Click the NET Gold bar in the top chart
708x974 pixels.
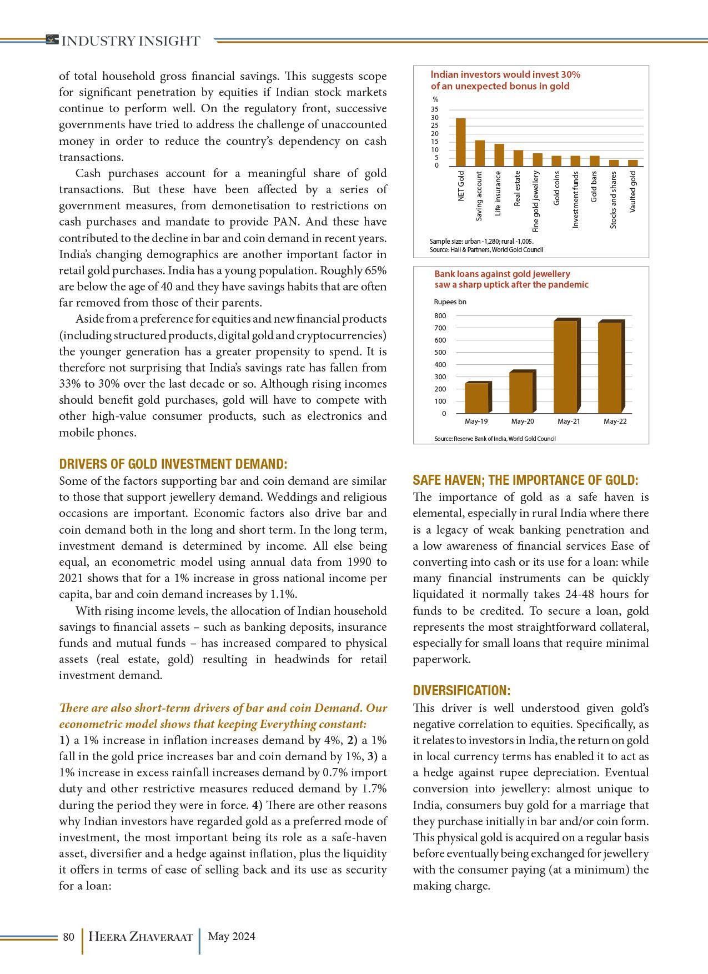click(460, 142)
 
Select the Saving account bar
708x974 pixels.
click(480, 153)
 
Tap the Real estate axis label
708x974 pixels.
click(518, 189)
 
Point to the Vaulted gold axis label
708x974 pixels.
click(633, 192)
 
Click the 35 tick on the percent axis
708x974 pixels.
click(435, 109)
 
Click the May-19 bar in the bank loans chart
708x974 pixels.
click(477, 398)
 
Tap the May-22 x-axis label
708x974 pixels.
click(615, 421)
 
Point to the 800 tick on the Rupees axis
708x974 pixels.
click(440, 316)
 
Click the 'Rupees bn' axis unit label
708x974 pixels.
click(450, 302)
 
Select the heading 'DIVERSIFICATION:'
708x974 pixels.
click(461, 691)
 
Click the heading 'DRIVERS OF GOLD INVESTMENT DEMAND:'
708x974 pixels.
click(173, 464)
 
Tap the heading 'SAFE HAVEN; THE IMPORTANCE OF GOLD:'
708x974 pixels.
click(525, 480)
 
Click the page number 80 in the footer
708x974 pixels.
click(68, 937)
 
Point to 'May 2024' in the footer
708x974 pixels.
click(232, 937)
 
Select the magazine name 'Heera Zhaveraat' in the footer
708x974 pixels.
click(140, 937)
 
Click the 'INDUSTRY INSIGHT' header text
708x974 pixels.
click(130, 41)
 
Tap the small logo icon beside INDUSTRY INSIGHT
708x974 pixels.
click(52, 39)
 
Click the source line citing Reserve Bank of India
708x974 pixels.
click(495, 439)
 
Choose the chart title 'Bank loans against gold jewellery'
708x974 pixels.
click(502, 274)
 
